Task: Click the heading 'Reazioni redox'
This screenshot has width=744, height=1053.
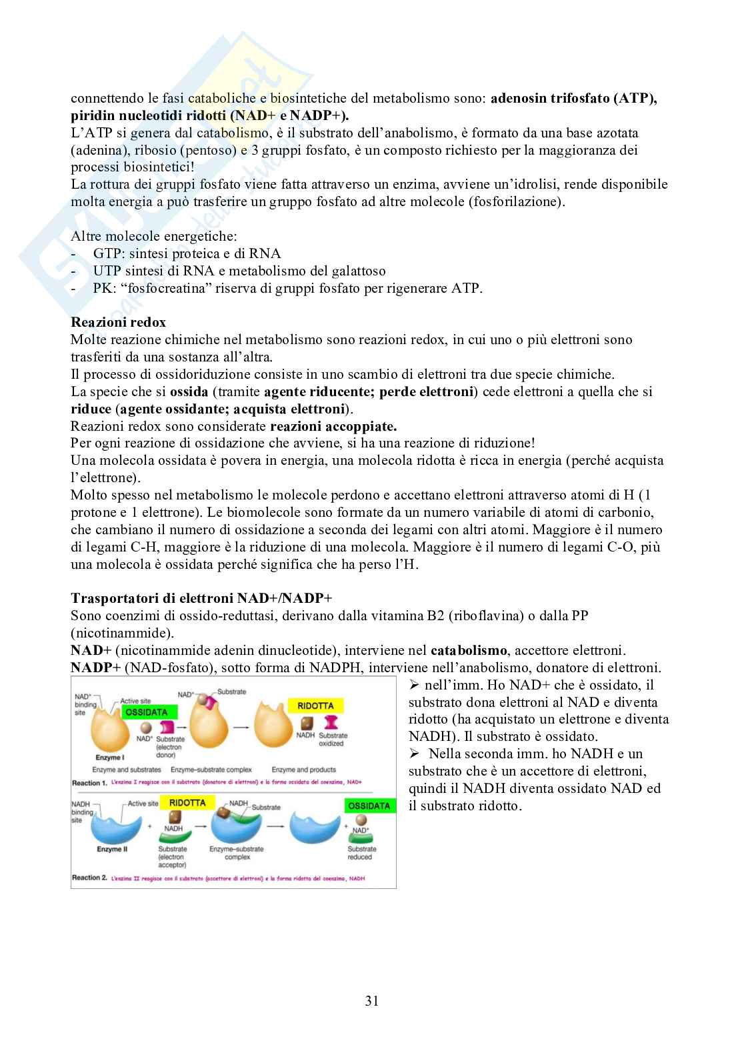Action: click(x=119, y=322)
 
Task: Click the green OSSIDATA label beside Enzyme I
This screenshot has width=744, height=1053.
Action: click(x=146, y=712)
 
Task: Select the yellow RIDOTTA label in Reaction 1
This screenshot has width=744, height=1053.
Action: click(x=316, y=706)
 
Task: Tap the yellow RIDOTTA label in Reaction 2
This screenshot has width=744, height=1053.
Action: click(x=187, y=803)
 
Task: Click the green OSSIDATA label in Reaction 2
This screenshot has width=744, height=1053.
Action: click(x=369, y=806)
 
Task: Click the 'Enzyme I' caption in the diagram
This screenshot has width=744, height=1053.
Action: click(x=109, y=758)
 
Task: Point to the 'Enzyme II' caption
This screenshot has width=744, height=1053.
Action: click(x=111, y=849)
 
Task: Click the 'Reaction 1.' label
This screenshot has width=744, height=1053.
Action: click(x=90, y=782)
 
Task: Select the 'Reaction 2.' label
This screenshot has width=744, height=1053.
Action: click(x=90, y=878)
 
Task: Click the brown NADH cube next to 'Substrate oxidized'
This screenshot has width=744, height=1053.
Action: click(x=307, y=723)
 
